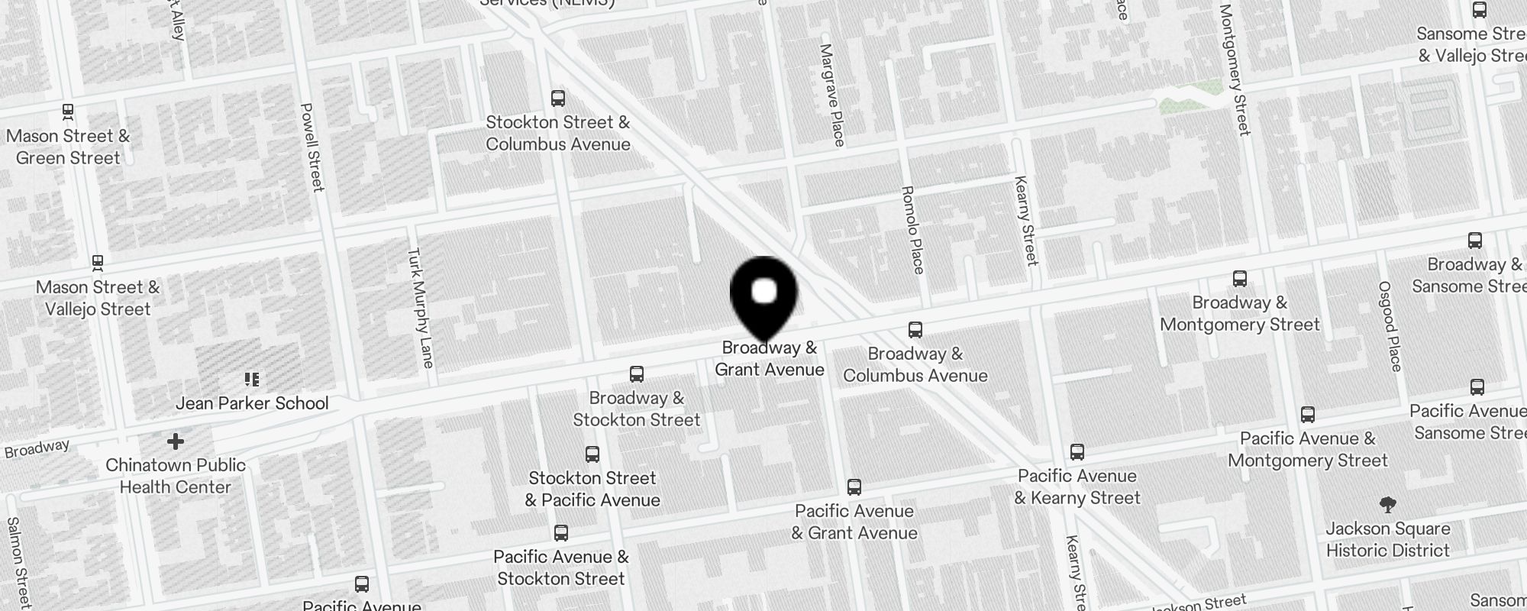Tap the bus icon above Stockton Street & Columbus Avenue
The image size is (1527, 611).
click(558, 99)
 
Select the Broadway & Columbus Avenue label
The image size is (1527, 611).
click(915, 364)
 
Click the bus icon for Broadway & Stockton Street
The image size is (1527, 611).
click(637, 374)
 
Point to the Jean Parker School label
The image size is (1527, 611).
click(252, 403)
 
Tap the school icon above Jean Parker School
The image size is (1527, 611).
click(252, 380)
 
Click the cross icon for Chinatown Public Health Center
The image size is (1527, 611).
click(176, 441)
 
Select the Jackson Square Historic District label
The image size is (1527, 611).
click(1387, 539)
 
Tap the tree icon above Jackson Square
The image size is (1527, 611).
click(1388, 505)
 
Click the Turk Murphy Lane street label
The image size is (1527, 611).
click(421, 308)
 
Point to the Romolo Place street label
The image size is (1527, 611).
click(913, 230)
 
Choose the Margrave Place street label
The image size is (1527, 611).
click(832, 95)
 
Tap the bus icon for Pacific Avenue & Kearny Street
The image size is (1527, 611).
click(1077, 452)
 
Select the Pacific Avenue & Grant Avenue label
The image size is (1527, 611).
click(854, 522)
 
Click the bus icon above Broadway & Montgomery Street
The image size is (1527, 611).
click(1240, 279)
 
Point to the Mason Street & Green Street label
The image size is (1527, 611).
click(68, 147)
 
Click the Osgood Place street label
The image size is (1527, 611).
click(1390, 326)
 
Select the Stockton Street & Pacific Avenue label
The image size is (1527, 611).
click(592, 489)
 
